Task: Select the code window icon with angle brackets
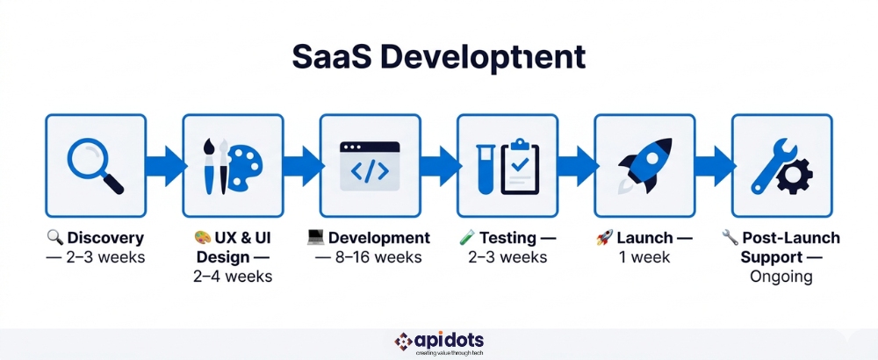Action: coord(369,165)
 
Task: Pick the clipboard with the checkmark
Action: coord(521,165)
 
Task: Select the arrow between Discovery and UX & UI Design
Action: coord(164,165)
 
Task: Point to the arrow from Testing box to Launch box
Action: coord(577,165)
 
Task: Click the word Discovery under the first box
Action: coord(104,238)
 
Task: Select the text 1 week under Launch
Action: coord(644,257)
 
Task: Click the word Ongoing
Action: coord(781,277)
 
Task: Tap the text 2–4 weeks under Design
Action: coord(233,277)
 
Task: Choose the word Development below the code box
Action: coord(379,238)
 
